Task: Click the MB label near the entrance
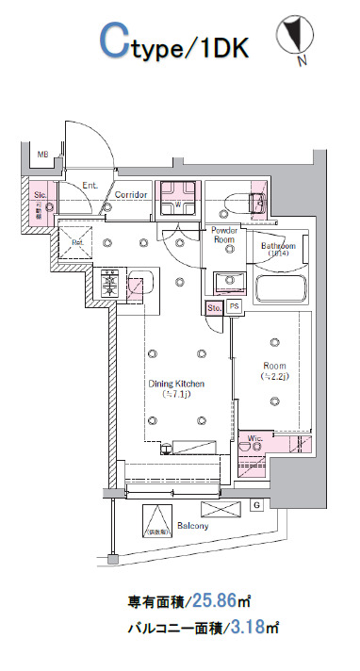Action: click(42, 155)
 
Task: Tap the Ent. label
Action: click(90, 185)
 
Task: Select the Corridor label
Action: click(131, 196)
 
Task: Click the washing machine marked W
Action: click(178, 199)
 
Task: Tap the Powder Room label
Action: click(223, 235)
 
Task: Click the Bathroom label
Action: click(278, 247)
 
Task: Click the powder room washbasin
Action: click(226, 281)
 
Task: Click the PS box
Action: click(233, 307)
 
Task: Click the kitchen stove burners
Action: click(110, 282)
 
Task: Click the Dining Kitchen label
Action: click(175, 385)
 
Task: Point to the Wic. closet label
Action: click(254, 437)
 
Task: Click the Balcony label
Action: click(192, 525)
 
